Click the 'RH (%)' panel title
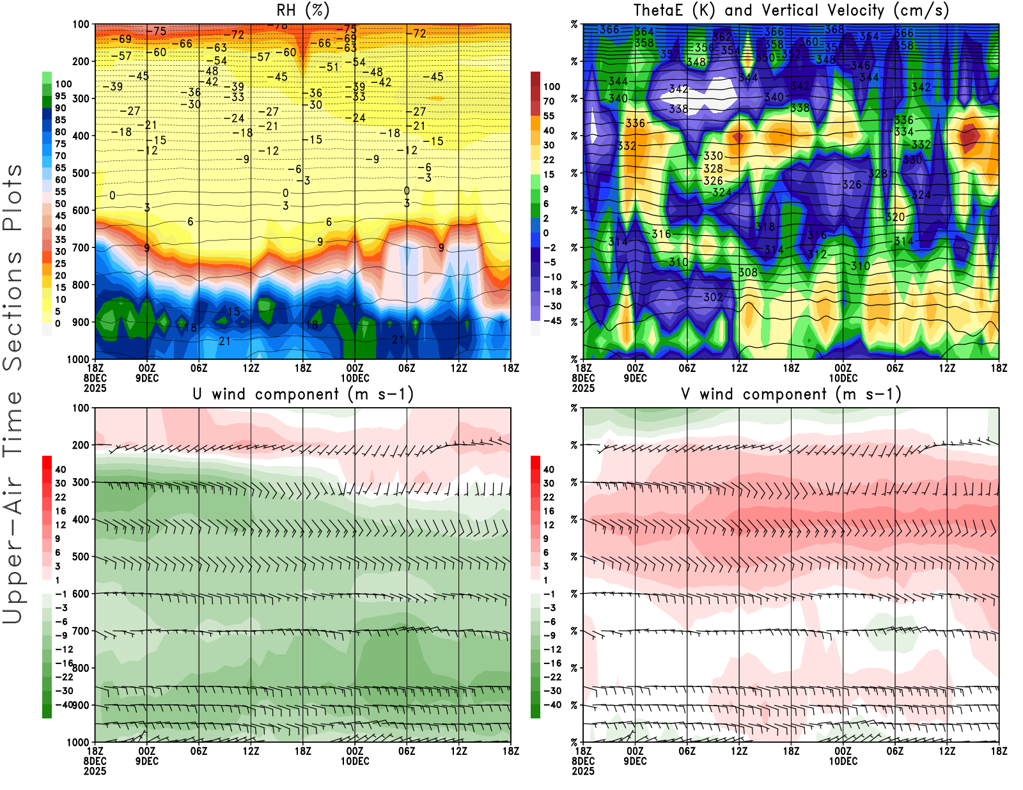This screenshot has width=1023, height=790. coord(302,10)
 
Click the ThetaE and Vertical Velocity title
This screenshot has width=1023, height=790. coord(791,10)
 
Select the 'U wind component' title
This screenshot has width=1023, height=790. coord(302,394)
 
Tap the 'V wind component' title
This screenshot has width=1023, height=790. coord(791,394)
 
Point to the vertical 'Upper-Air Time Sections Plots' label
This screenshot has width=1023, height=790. coord(13,394)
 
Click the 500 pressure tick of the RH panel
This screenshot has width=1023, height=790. coord(81,173)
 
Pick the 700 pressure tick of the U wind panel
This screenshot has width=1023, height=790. coord(81,631)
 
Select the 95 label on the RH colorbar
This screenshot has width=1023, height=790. coord(60,96)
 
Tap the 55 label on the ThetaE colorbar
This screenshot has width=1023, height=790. coord(549,116)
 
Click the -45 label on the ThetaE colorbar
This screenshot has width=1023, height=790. coord(552,321)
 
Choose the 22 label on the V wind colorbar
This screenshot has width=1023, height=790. coord(549,497)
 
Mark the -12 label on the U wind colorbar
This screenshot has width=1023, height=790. coord(63,649)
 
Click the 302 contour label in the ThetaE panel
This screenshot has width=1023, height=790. coord(713,297)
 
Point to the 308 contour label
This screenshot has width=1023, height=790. coord(747,272)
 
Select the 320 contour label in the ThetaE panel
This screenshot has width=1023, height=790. coord(895,217)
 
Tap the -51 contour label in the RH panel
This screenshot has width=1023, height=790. coord(329,67)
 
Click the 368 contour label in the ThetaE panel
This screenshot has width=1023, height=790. coord(834,29)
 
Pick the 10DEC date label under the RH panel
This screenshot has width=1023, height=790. coord(355,378)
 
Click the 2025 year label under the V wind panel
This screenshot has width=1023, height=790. coord(583,771)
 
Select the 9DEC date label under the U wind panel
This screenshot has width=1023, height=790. coord(147,761)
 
